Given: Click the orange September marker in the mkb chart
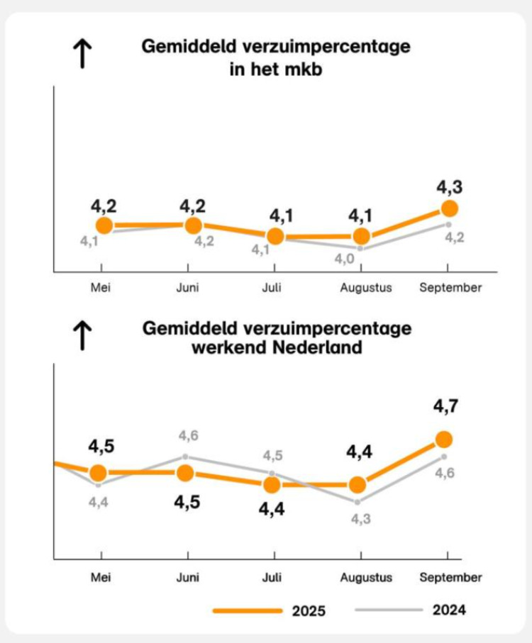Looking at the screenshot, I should [449, 208].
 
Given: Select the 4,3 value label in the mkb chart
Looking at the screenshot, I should [449, 187].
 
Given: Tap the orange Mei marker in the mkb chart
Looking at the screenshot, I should [104, 225].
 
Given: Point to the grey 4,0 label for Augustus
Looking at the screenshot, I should [345, 259].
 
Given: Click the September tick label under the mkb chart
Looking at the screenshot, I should [450, 288].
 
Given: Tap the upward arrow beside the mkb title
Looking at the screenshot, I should [84, 53].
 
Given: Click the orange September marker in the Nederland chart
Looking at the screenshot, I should [445, 440].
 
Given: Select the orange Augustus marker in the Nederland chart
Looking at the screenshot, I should [358, 485].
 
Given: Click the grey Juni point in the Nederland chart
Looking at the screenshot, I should [186, 456].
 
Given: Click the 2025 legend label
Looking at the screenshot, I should [309, 610].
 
